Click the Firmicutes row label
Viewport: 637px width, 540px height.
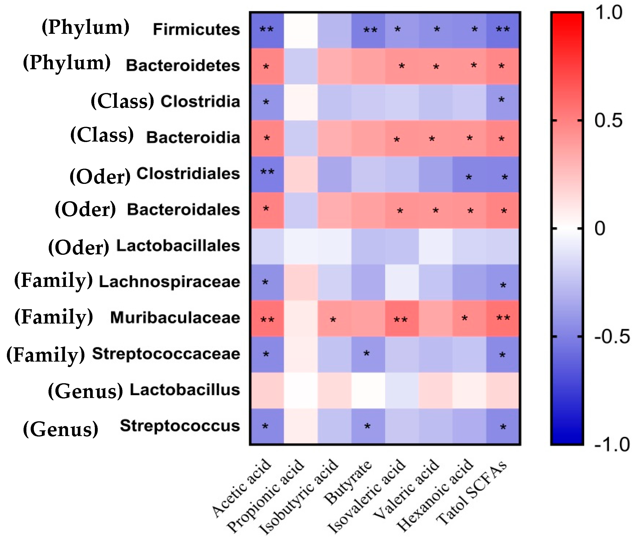(x=196, y=30)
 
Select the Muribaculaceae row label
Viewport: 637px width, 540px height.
(x=175, y=318)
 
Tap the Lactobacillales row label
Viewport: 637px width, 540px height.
(x=178, y=246)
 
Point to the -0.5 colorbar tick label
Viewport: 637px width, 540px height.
(x=612, y=337)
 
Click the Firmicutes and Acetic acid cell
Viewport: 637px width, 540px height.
(x=267, y=30)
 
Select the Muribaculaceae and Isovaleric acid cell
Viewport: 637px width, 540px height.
(x=402, y=318)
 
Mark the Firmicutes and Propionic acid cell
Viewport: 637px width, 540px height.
(x=301, y=30)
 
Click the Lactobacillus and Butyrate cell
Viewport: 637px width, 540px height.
(x=368, y=390)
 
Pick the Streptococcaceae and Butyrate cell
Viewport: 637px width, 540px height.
(x=368, y=354)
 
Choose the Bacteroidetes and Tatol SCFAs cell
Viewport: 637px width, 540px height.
(x=503, y=66)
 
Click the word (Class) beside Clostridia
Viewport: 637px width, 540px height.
(x=122, y=102)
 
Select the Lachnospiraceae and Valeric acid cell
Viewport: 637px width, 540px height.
(x=435, y=282)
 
